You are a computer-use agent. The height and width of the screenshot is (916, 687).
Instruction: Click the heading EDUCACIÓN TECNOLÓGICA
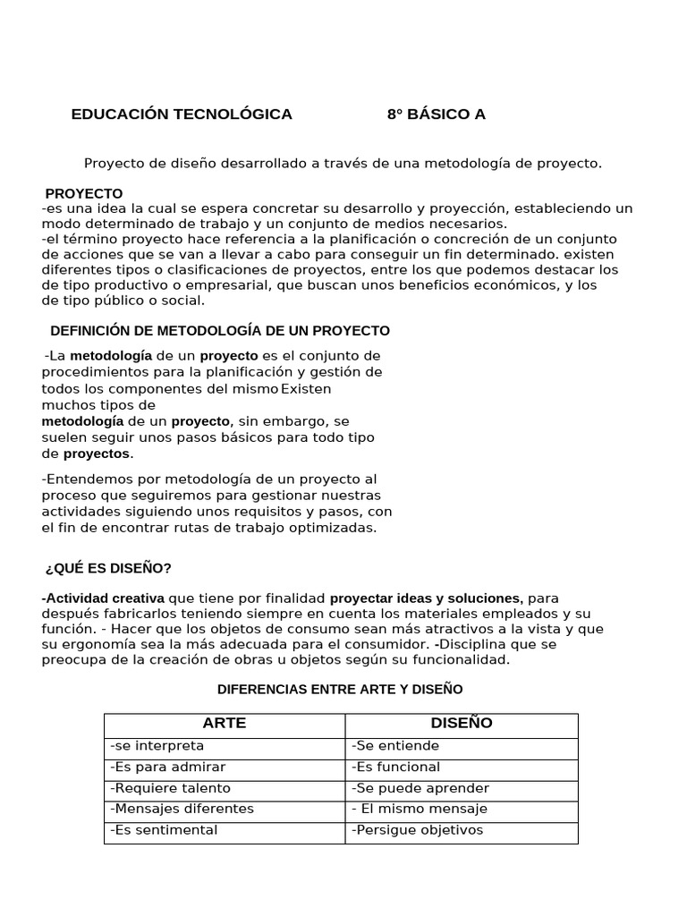pos(182,114)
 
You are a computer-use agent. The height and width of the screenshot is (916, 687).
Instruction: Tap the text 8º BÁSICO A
pos(436,114)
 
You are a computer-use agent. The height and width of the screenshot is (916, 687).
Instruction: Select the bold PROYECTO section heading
pos(84,194)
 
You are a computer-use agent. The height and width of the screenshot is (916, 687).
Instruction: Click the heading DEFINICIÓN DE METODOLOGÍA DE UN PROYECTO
pos(220,331)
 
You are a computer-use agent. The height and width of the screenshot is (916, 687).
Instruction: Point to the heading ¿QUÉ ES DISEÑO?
pos(108,569)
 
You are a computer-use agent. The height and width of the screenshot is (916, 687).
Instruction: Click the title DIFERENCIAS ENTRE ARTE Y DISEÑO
pos(341,690)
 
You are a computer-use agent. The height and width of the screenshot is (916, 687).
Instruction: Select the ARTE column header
pos(225,724)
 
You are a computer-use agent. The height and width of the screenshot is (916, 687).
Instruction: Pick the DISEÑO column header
pos(462,724)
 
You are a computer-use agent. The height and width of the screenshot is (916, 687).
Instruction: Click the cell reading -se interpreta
pos(157,746)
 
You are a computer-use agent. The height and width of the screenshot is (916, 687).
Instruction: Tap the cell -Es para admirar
pos(168,768)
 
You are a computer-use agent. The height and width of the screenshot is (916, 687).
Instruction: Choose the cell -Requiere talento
pos(170,788)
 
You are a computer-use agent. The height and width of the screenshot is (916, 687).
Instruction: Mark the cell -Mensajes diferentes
pos(182,809)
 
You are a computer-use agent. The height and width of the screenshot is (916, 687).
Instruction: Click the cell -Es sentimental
pos(164,830)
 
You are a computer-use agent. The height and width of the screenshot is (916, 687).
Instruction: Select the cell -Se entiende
pos(395,746)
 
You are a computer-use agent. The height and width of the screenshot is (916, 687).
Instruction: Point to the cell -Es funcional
pos(396,768)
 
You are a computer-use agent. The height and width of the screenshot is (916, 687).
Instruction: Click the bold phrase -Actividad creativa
pos(103,598)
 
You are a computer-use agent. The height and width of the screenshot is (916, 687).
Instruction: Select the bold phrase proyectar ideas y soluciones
pos(427,598)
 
